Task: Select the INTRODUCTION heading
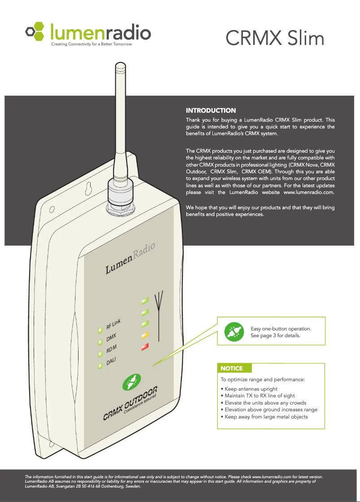click(x=211, y=110)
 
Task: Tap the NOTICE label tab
click(x=232, y=368)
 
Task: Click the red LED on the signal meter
click(x=145, y=347)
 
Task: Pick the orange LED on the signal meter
click(x=145, y=335)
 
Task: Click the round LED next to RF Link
click(x=101, y=331)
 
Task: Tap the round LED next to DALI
click(x=101, y=366)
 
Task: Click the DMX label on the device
click(x=111, y=338)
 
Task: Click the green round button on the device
click(x=131, y=384)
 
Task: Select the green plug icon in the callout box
click(x=233, y=332)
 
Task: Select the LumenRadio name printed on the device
click(x=130, y=258)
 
